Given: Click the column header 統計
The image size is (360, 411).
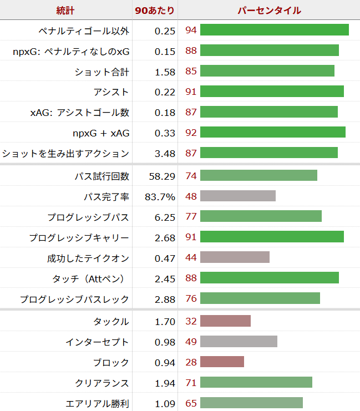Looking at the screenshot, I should click(65, 11).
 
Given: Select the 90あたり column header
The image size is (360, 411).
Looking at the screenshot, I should click(155, 11).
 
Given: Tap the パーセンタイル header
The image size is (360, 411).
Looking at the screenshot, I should click(269, 11).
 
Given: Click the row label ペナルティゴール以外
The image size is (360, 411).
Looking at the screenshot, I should click(84, 31).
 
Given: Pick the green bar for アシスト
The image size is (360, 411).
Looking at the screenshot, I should click(272, 92).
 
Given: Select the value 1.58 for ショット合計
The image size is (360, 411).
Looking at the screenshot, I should click(165, 72).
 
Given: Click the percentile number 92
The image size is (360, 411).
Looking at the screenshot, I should click(191, 133).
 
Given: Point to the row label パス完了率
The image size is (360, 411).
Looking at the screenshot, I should click(106, 197).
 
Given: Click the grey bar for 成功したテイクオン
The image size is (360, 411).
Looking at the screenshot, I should click(235, 257).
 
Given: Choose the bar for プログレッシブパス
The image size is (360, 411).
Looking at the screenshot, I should click(261, 216).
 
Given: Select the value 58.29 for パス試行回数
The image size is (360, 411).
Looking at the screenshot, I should click(162, 176).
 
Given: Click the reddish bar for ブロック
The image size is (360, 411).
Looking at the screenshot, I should click(222, 362).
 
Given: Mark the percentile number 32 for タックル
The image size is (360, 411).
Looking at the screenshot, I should click(191, 321).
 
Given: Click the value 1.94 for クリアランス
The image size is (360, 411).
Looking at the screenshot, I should click(165, 383).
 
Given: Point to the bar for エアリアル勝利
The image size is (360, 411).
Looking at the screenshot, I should click(251, 403).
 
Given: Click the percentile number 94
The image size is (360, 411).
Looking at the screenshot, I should click(191, 31).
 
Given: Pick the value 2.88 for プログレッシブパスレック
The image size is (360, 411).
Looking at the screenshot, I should click(165, 299).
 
